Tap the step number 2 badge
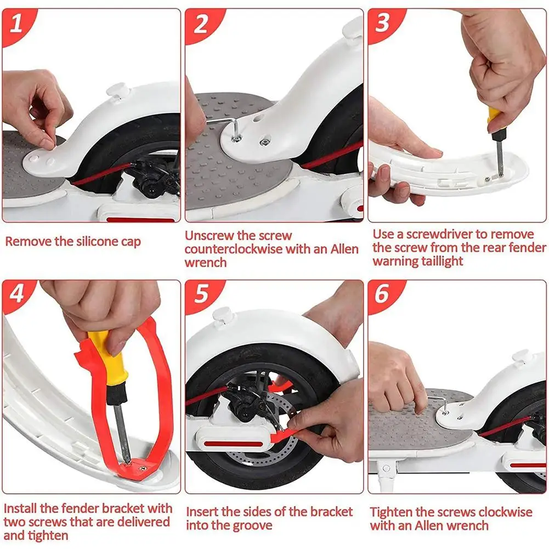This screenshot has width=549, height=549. (x=200, y=24)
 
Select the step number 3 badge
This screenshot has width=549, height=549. (x=382, y=22)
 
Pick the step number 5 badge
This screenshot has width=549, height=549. (x=200, y=293)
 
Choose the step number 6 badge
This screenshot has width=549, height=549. (x=382, y=293)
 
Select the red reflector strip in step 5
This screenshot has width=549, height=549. (x=233, y=444)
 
